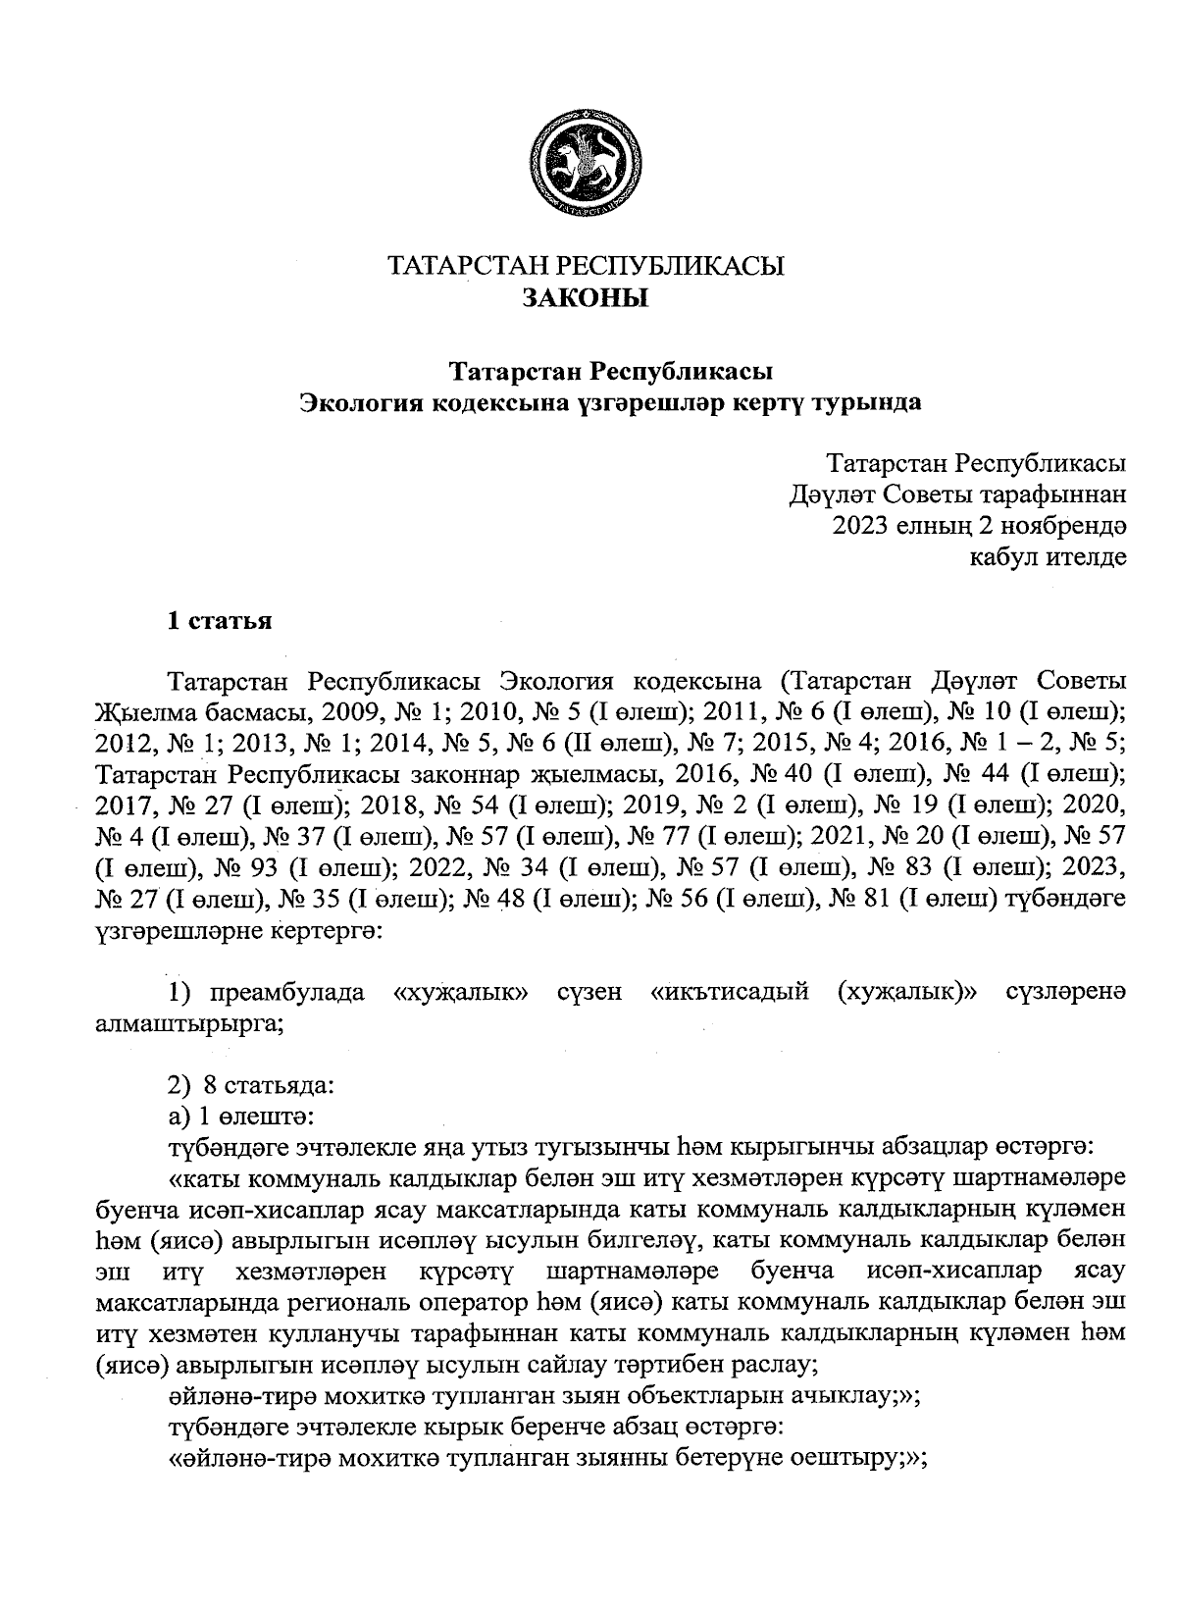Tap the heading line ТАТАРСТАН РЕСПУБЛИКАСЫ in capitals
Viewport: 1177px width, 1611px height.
[586, 266]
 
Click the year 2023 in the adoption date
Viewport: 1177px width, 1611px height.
[861, 526]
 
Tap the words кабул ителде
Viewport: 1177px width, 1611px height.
[1047, 558]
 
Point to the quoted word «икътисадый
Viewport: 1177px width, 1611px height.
[730, 993]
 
